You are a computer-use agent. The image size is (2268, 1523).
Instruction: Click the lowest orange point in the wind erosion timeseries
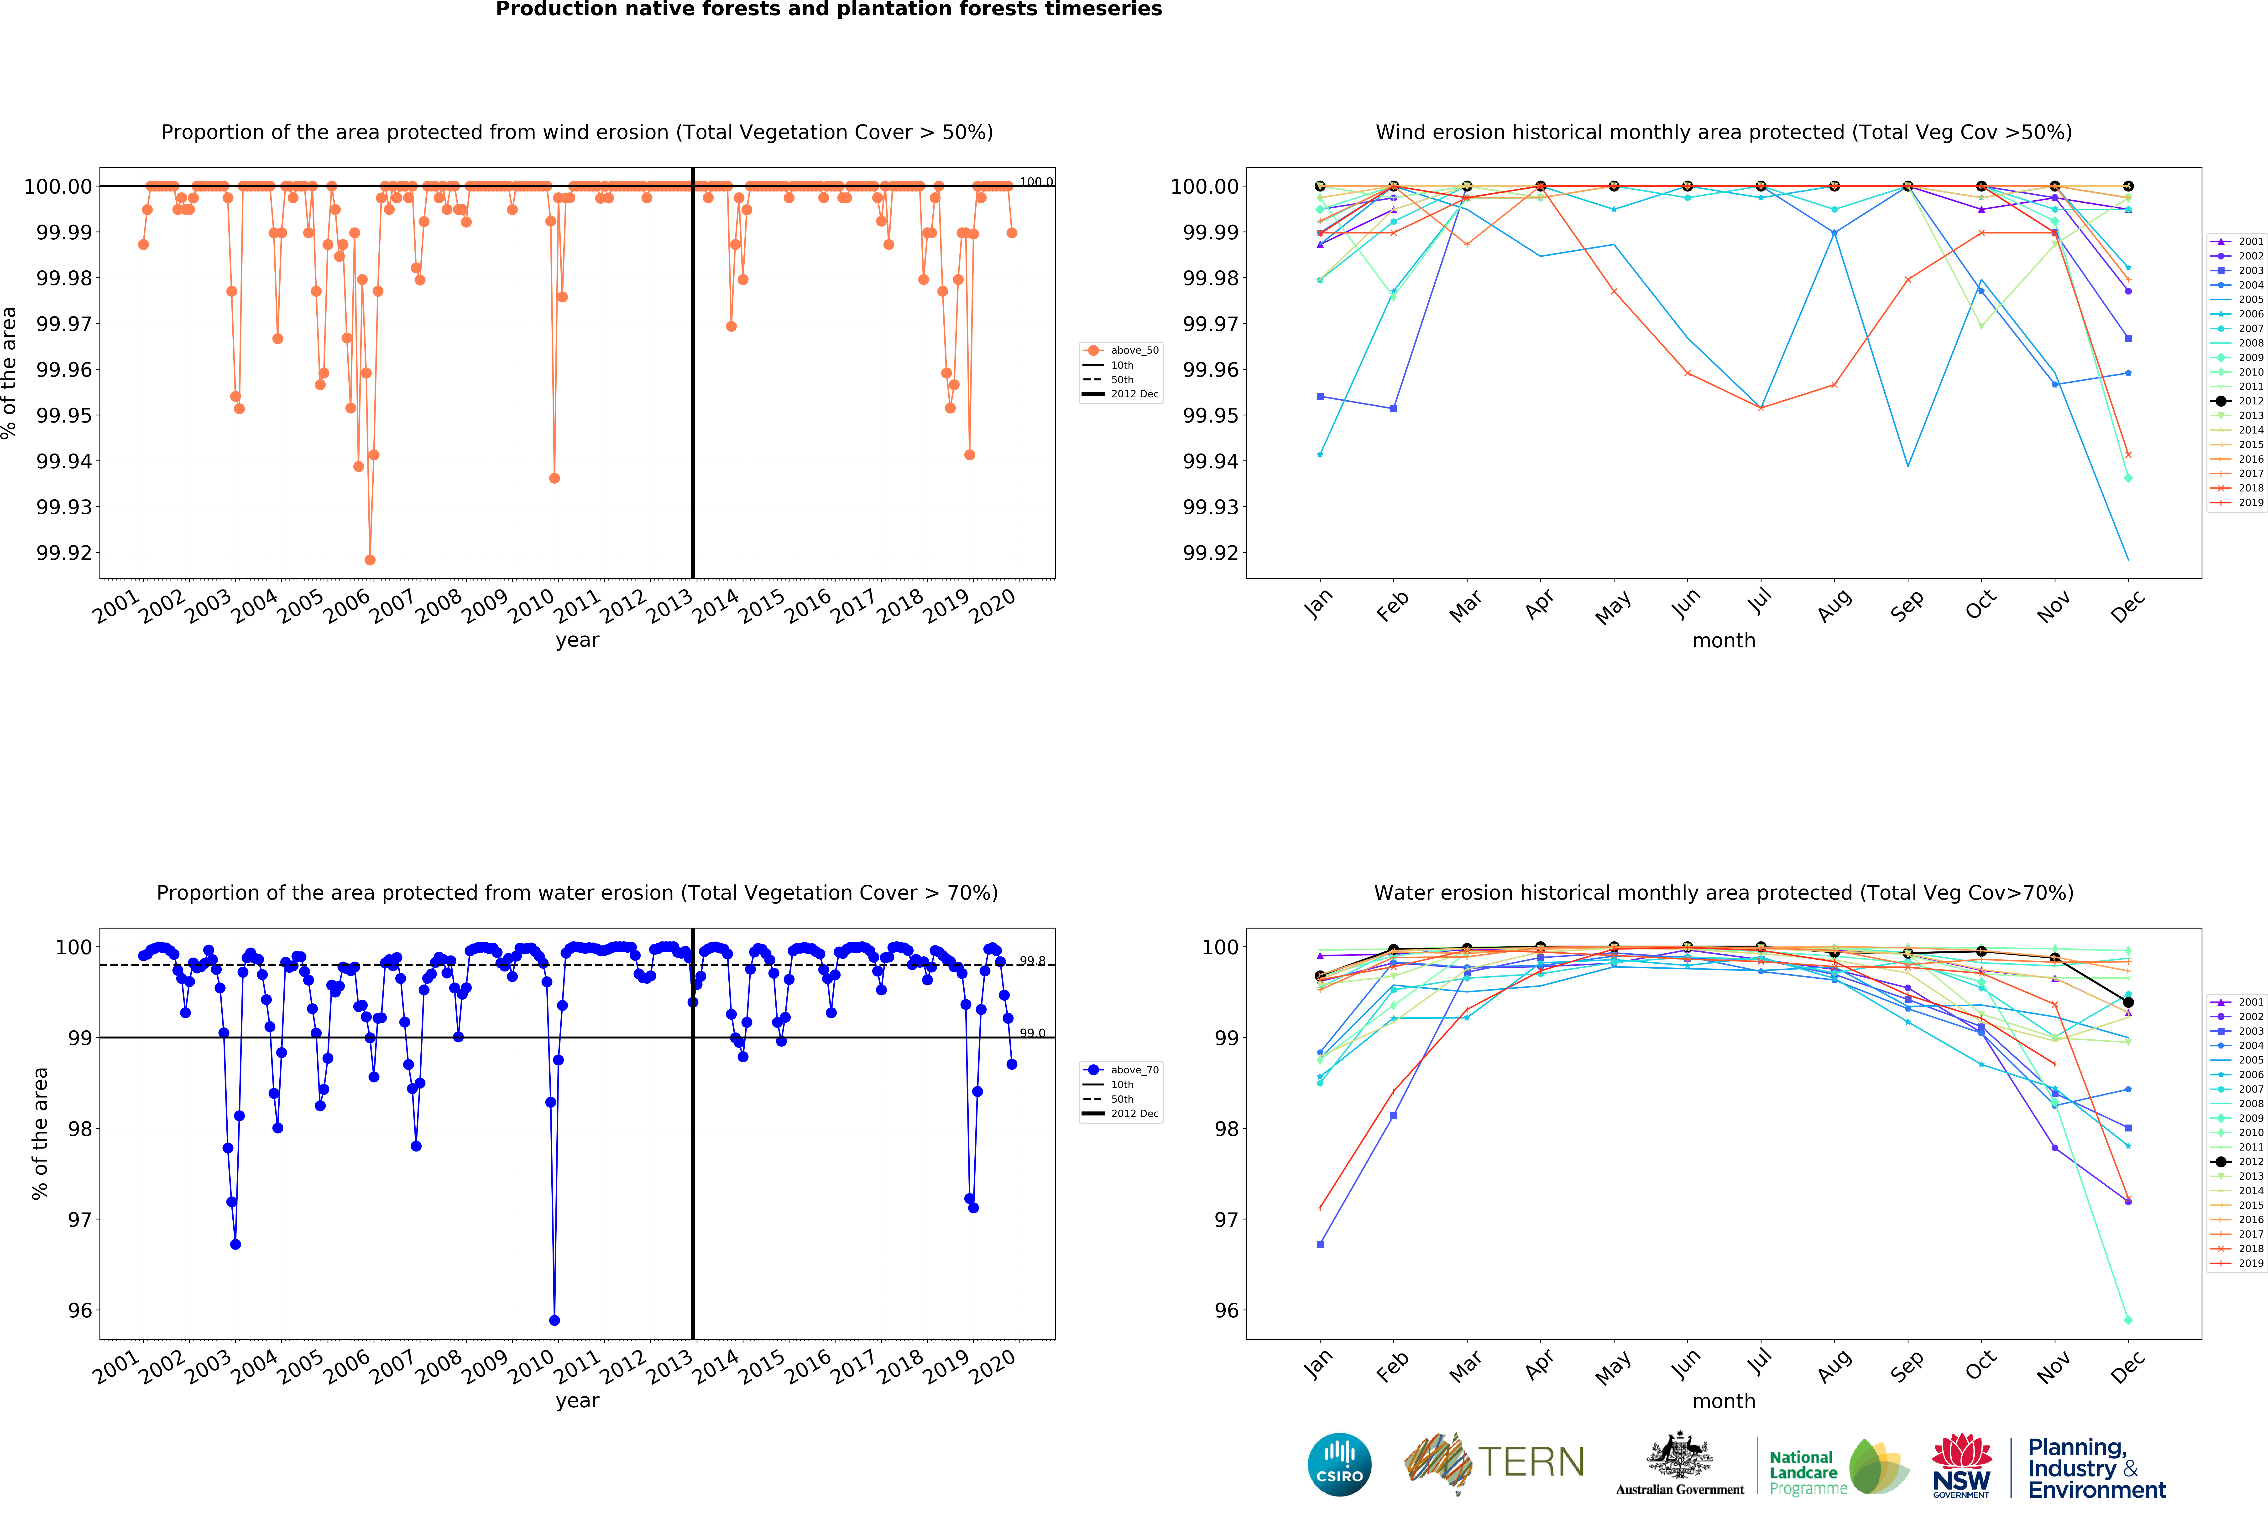370,560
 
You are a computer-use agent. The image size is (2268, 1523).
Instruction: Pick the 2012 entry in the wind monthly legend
2238,401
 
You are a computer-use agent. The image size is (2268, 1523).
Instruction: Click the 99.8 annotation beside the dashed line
1032,962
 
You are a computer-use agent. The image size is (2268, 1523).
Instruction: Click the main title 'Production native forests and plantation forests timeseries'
829,10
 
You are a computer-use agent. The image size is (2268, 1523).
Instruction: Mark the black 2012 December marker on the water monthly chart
2128,1002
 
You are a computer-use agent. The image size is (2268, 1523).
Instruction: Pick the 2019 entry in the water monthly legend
2238,1264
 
